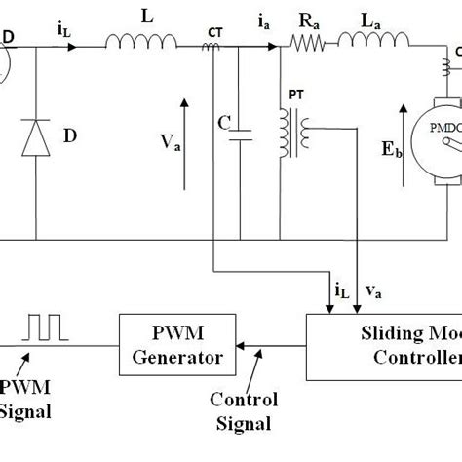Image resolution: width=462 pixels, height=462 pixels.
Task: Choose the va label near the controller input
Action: click(375, 289)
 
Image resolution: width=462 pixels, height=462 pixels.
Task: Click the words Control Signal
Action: click(244, 409)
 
